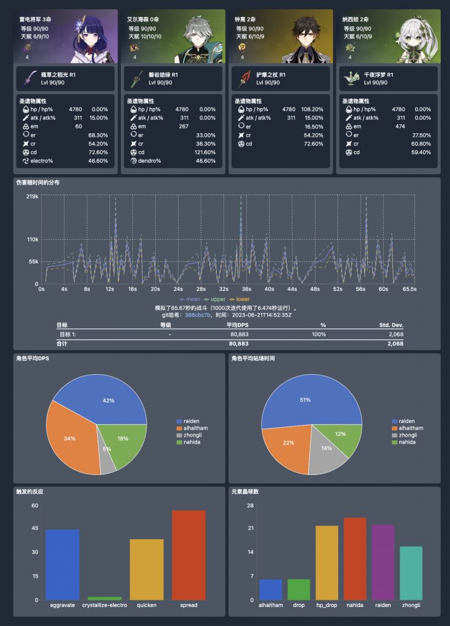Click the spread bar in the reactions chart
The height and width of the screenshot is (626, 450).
[x=189, y=555]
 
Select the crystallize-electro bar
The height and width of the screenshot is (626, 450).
[x=105, y=598]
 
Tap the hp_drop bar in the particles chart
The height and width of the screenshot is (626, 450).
[x=326, y=562]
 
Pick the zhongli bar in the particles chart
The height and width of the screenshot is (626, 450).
[x=411, y=573]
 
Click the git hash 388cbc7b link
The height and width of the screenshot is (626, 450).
[x=199, y=314]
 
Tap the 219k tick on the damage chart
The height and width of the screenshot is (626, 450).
[x=33, y=196]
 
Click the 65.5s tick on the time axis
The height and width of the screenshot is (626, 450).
[x=410, y=289]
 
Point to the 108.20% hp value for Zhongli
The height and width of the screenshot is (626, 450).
[x=313, y=109]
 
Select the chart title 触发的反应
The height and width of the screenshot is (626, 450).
[x=30, y=491]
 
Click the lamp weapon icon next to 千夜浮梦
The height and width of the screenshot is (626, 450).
[x=351, y=78]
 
